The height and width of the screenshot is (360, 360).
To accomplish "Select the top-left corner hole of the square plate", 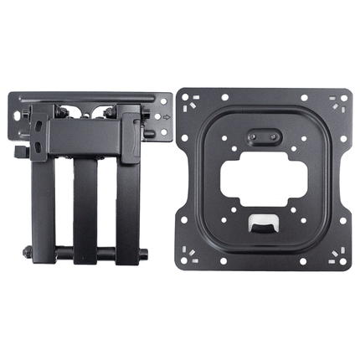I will [x=189, y=99].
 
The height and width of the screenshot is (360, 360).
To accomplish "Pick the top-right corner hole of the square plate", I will [x=339, y=99].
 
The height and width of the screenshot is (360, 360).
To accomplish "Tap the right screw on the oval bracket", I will [x=277, y=134].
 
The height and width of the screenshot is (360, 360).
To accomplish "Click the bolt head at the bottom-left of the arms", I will [x=28, y=250].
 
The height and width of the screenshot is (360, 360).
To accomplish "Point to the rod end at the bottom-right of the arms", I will [x=146, y=251].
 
